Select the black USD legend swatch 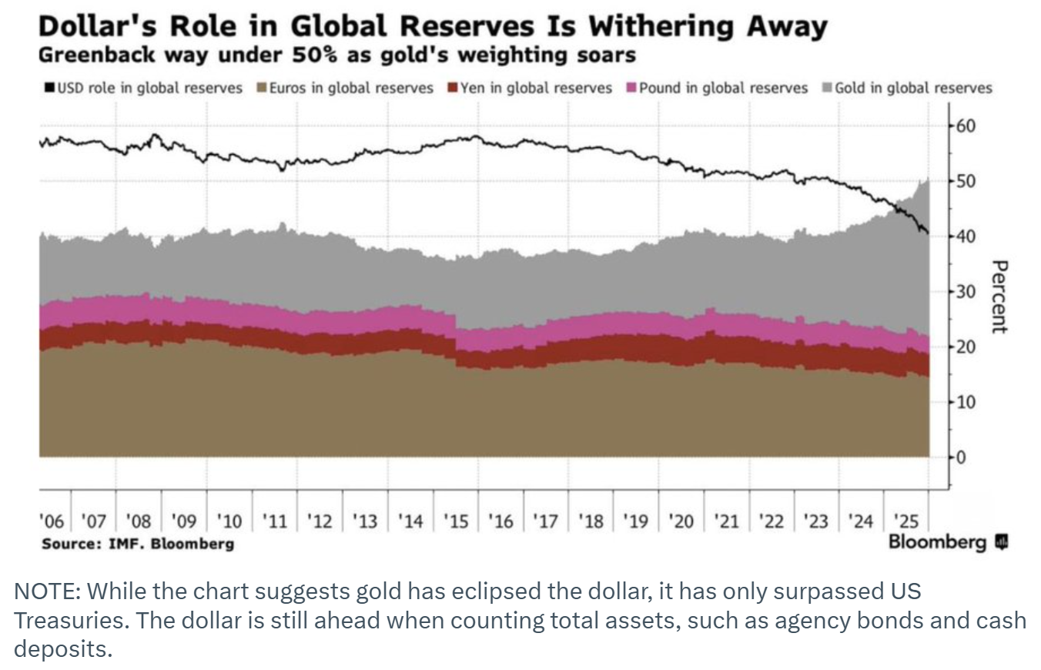coord(48,89)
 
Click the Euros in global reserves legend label coord(351,88)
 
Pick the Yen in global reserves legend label coord(536,88)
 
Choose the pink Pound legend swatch coord(632,89)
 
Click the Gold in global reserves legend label coord(913,88)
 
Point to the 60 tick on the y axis coord(966,126)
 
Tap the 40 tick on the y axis coord(966,236)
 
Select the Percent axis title coord(999,296)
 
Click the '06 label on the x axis coord(52,521)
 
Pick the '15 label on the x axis coord(456,521)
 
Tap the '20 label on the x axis coord(681,521)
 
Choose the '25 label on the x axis coord(905,521)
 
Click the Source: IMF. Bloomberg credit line coord(138,544)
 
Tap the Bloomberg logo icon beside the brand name coord(1001,543)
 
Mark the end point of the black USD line coord(928,233)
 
